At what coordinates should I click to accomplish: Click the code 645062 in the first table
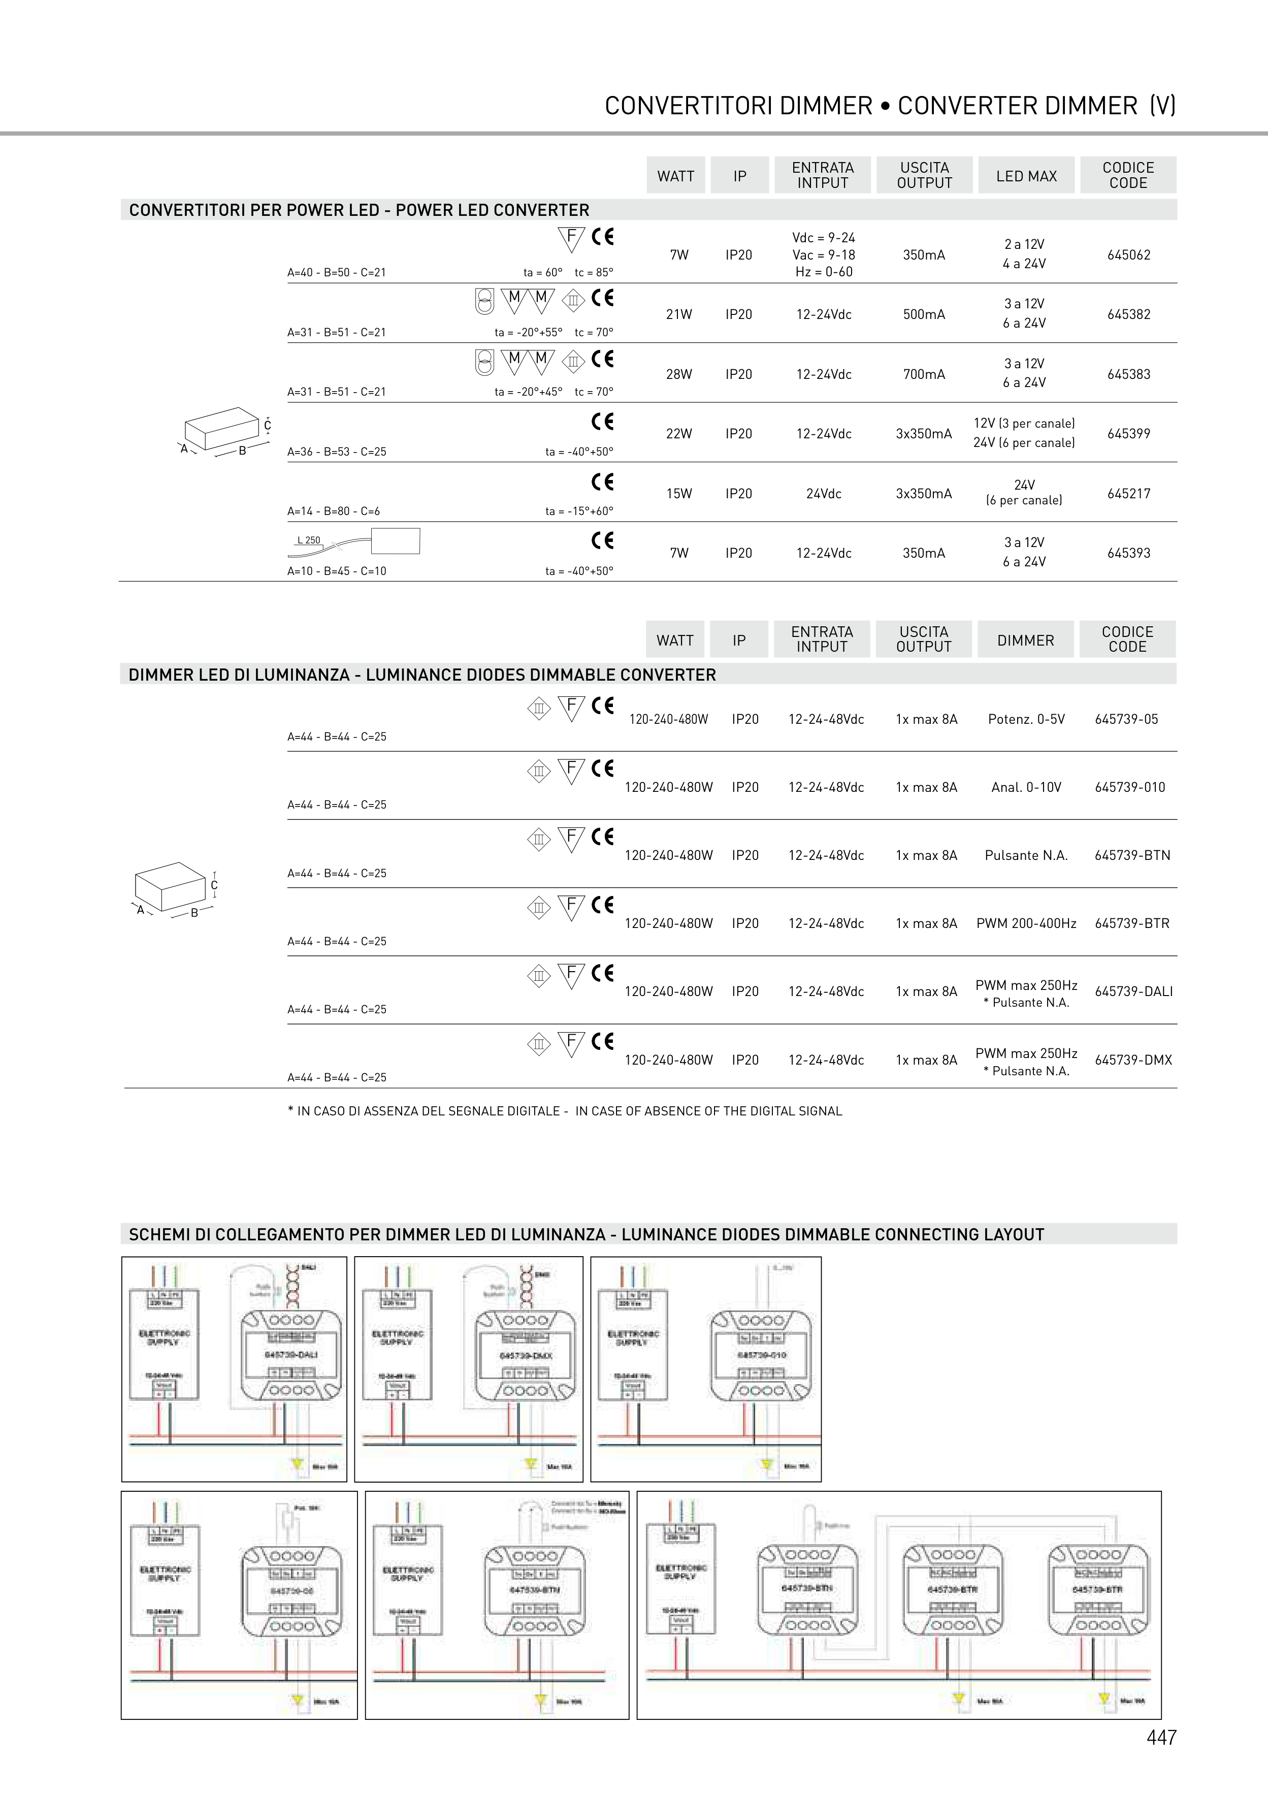click(1128, 254)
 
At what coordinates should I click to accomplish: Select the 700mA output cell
click(924, 374)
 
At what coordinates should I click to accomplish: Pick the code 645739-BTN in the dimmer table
click(1132, 855)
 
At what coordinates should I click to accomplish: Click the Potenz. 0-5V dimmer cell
click(1026, 719)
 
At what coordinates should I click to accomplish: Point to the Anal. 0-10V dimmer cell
click(1026, 788)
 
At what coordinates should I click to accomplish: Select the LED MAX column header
click(1026, 176)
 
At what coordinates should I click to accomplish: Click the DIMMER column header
click(1025, 640)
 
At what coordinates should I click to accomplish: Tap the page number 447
click(1161, 1737)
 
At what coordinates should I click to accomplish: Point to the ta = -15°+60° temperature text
click(579, 511)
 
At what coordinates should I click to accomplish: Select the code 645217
click(1128, 494)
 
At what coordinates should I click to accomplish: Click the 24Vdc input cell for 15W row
click(824, 494)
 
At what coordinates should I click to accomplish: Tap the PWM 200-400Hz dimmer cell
click(1026, 923)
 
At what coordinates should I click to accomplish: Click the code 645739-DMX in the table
click(1133, 1061)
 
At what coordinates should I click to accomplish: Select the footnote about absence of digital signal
click(565, 1111)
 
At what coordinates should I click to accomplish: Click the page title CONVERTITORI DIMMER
click(737, 106)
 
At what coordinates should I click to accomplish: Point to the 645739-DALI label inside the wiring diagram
click(290, 1354)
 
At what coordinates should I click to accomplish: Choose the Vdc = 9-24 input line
click(824, 238)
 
